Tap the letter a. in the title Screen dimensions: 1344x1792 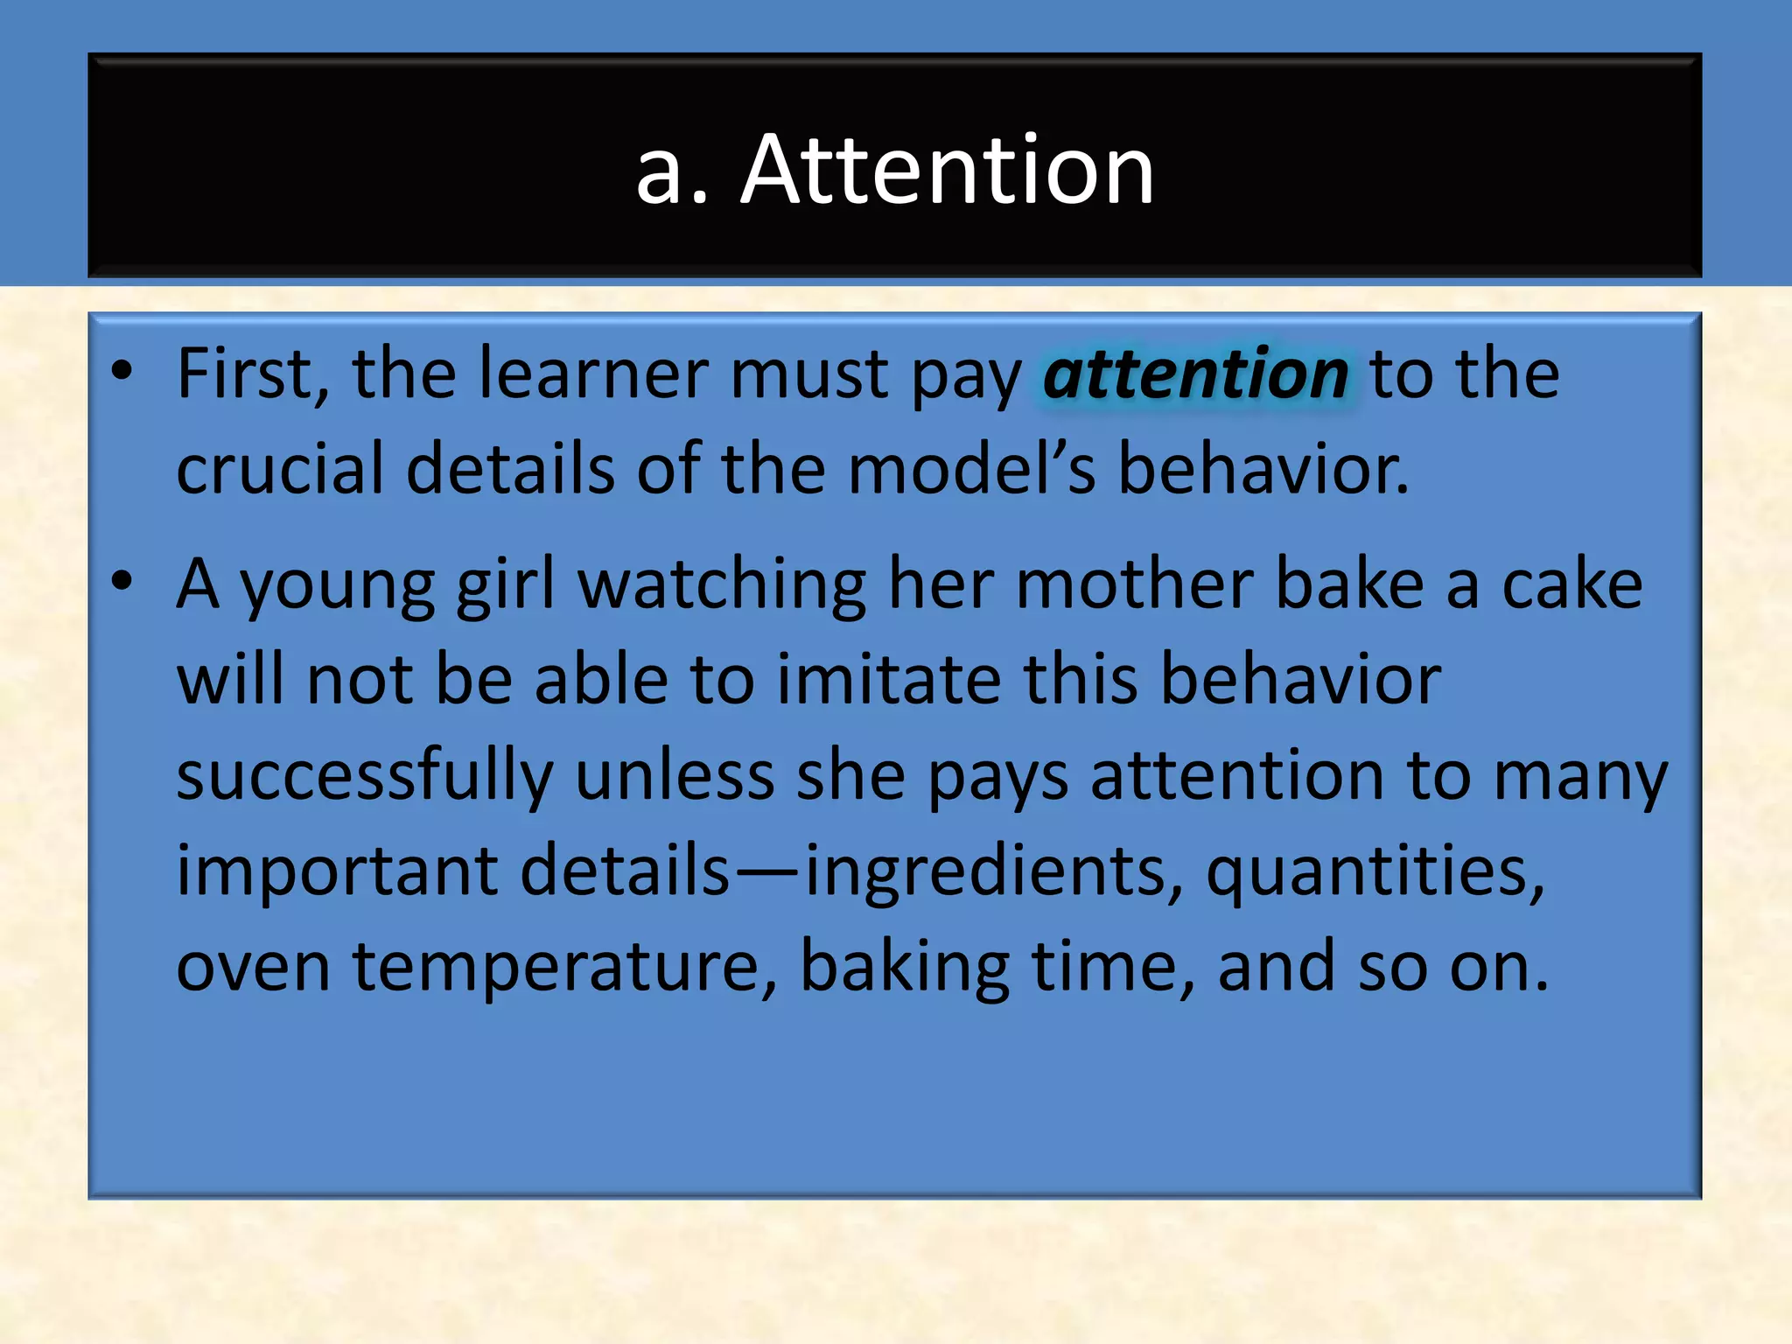click(x=671, y=171)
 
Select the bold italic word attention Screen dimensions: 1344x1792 click(x=1195, y=374)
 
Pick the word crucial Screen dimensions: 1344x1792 click(x=279, y=469)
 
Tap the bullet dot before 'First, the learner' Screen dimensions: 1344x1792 click(x=122, y=371)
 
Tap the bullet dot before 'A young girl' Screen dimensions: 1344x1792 click(x=122, y=581)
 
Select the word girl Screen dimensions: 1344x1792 click(x=505, y=584)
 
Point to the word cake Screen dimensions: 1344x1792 click(x=1571, y=584)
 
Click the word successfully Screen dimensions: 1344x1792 click(x=365, y=776)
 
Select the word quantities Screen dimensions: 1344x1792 click(x=1375, y=871)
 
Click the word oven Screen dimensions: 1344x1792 click(x=253, y=967)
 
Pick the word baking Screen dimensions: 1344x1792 click(x=904, y=967)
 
